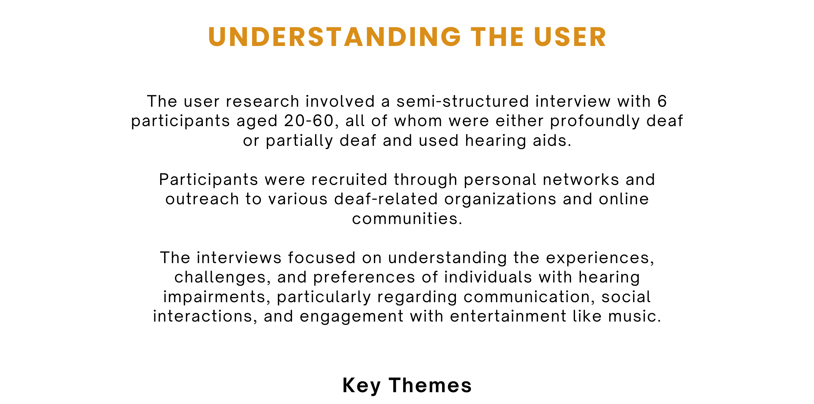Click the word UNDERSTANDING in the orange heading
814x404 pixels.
(335, 37)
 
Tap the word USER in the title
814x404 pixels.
(570, 37)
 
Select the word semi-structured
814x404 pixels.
(463, 101)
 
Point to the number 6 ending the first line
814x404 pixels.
(662, 101)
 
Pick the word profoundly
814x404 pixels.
(595, 121)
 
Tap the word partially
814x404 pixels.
(299, 141)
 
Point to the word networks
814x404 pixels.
(581, 180)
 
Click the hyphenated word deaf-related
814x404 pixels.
(386, 199)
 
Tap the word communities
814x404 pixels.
(407, 219)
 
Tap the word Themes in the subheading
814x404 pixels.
(431, 385)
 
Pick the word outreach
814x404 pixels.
(202, 199)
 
